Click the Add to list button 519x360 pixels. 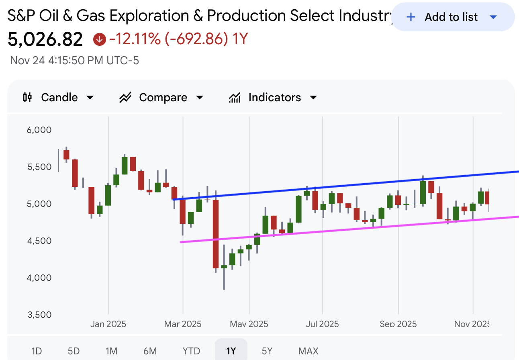452,17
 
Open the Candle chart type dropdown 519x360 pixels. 59,97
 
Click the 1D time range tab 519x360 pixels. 37,351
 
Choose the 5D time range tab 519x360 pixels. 74,351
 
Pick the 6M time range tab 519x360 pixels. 150,351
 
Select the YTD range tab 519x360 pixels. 191,351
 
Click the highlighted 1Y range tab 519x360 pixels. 231,351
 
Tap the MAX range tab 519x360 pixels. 309,351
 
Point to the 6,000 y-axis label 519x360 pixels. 40,130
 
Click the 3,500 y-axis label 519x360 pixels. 40,315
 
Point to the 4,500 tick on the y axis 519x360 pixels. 40,241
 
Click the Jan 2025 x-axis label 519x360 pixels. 108,324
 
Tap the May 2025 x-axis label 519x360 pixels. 249,324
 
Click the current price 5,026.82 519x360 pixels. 45,39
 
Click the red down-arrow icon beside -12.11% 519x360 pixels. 99,39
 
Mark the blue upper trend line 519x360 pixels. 345,185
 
